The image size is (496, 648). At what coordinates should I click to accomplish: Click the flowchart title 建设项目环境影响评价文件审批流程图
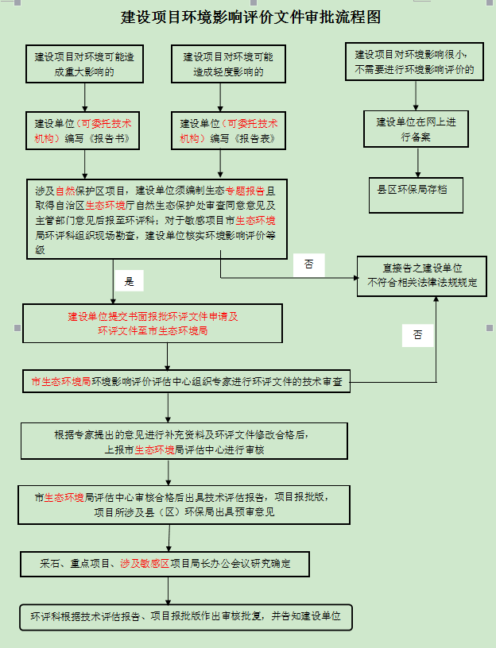coord(250,17)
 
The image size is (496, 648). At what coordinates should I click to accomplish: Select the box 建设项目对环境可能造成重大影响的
coord(84,64)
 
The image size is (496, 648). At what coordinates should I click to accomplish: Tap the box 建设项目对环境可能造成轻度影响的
coord(228,64)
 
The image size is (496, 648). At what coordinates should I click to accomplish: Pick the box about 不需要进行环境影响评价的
coord(414,62)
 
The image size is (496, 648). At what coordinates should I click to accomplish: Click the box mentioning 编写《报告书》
coord(83,130)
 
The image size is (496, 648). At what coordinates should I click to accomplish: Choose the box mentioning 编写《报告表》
coord(228,130)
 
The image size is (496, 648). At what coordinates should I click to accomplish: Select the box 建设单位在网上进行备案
coord(417,129)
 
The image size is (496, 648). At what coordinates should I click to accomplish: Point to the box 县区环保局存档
coord(416,195)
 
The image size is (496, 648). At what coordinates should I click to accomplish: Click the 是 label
coord(129,281)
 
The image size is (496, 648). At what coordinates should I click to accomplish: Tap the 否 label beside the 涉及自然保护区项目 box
coord(309,265)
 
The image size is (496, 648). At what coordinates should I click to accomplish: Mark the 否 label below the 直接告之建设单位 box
coord(418,336)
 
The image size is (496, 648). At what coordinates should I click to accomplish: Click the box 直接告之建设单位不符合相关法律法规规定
coord(422,276)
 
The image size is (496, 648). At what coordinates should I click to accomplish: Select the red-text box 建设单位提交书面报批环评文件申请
coord(153,323)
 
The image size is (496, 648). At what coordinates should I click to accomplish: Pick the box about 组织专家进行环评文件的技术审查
coord(187,381)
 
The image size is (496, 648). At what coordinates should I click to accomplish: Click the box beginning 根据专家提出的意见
coord(184,442)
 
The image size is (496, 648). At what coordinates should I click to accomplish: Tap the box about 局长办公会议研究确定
coord(165,564)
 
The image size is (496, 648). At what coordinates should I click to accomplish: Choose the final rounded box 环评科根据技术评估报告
coord(186,617)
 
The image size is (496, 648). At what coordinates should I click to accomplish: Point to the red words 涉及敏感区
coord(145,564)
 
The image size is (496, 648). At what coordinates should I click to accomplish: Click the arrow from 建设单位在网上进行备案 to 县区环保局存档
coord(418,163)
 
